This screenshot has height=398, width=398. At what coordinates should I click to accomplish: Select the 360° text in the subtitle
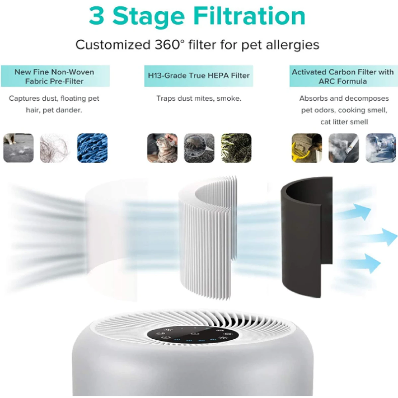click(x=169, y=45)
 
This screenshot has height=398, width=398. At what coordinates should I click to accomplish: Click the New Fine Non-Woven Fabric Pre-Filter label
click(x=55, y=76)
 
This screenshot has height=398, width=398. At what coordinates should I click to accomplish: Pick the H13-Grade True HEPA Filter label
click(x=198, y=76)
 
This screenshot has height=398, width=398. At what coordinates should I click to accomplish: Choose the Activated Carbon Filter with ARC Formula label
click(x=343, y=76)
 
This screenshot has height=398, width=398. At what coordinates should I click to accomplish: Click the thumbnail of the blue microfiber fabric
click(x=92, y=148)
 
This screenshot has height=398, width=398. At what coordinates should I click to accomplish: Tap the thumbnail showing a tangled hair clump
click(x=55, y=148)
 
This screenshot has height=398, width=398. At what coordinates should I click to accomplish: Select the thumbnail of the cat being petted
click(x=162, y=148)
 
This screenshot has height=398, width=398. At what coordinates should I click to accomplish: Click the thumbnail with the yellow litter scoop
click(x=306, y=148)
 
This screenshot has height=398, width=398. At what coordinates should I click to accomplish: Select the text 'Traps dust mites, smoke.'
click(x=199, y=99)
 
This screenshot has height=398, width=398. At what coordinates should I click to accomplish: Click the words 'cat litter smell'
click(x=344, y=122)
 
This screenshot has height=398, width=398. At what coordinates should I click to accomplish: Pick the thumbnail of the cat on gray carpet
click(x=19, y=148)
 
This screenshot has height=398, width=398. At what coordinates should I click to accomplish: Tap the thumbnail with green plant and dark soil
click(x=236, y=148)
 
